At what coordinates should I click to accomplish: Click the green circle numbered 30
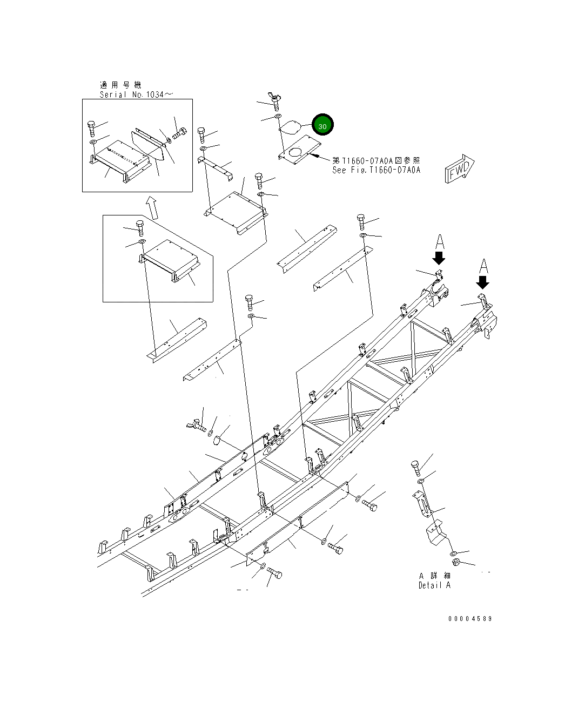click(x=322, y=125)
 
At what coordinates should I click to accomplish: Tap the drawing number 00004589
click(x=469, y=619)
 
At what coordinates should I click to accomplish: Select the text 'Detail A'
click(x=434, y=585)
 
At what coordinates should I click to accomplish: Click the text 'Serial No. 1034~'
click(x=136, y=94)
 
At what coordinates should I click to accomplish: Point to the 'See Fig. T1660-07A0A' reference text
click(x=376, y=170)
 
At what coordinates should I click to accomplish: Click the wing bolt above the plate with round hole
click(x=275, y=100)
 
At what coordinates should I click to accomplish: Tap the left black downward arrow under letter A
click(x=439, y=258)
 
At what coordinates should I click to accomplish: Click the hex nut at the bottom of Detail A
click(x=455, y=563)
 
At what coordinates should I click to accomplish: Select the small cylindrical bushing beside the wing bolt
click(x=217, y=441)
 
